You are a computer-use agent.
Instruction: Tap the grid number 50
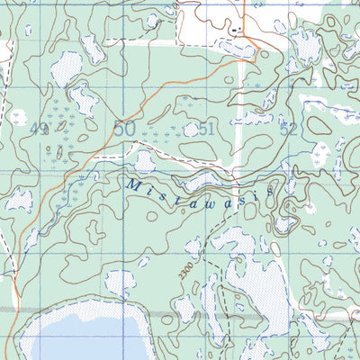click(124, 130)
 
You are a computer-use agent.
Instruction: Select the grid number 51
click(207, 130)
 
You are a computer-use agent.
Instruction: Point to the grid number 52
click(288, 130)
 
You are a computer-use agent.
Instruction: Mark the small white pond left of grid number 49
click(18, 117)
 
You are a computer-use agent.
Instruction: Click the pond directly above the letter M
click(144, 162)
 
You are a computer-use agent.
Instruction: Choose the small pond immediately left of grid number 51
click(191, 130)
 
